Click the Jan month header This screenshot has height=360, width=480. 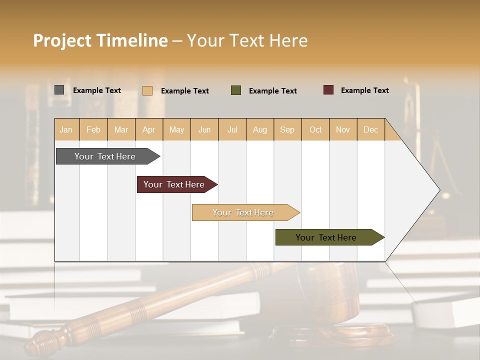coord(66,129)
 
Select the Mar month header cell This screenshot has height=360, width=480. coord(121,129)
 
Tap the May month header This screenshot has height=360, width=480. coord(176,129)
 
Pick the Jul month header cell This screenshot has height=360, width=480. coord(232,129)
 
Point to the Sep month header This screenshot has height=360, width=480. coord(287,129)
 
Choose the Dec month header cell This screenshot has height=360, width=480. coord(370,129)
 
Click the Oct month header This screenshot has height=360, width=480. coord(315,129)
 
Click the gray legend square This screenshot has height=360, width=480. coord(59,90)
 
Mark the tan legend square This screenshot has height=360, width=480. coord(147,90)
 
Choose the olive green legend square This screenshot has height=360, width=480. coord(236,90)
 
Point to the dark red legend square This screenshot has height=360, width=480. coord(328,90)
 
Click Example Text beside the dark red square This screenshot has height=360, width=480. coord(364,90)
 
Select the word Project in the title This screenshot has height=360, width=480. coord(62,40)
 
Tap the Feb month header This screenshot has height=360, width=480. coord(93,129)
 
